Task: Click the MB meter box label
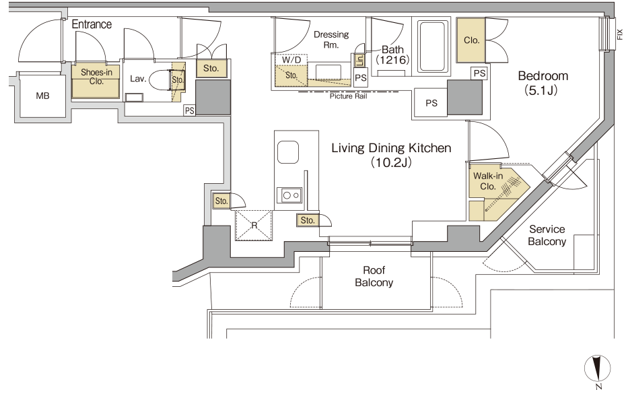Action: click(42, 96)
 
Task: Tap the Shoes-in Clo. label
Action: click(96, 77)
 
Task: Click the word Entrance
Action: click(92, 24)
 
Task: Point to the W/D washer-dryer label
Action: click(291, 59)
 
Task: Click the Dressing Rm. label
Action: click(331, 40)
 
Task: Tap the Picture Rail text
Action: click(348, 96)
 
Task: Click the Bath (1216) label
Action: click(392, 55)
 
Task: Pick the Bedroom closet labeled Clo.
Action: click(471, 40)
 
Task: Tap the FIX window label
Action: click(620, 34)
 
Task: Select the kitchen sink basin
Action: click(288, 152)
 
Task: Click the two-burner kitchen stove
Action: click(289, 195)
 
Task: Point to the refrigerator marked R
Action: click(254, 226)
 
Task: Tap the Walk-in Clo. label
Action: click(488, 181)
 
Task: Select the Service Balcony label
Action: click(547, 235)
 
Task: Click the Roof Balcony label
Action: click(374, 276)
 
